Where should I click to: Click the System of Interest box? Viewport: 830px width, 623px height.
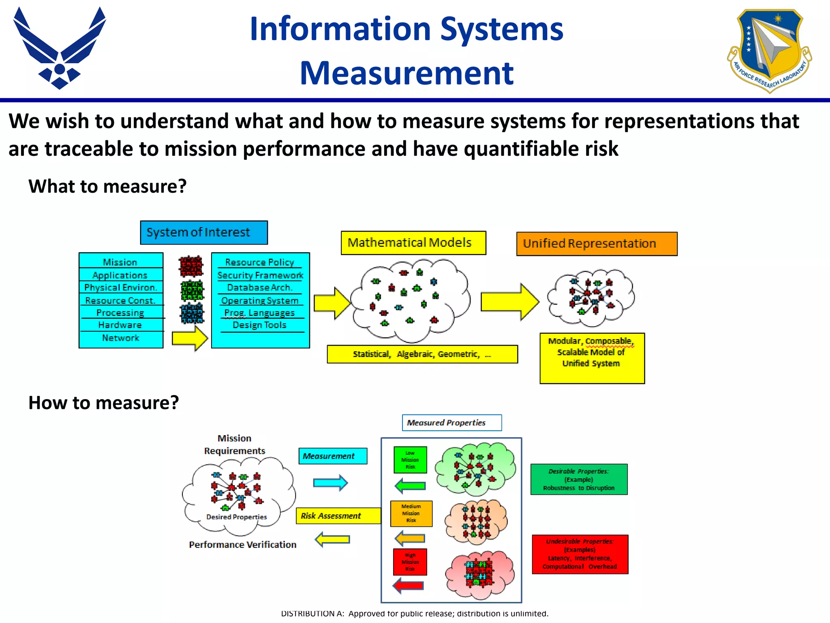(x=204, y=232)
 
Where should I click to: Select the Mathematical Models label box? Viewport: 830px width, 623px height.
(x=413, y=243)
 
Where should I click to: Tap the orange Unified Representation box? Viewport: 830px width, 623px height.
(x=597, y=244)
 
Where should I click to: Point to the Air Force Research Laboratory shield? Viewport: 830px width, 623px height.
(x=770, y=51)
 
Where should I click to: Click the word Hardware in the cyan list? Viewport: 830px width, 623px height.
(x=120, y=325)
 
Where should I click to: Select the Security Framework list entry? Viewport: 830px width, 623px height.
(x=260, y=275)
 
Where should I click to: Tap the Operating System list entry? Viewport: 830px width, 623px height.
(x=260, y=301)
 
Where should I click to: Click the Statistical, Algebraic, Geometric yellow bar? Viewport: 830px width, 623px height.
(x=422, y=354)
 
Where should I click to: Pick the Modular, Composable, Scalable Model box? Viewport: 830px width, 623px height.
(x=592, y=358)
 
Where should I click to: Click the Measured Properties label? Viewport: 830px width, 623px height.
(x=451, y=423)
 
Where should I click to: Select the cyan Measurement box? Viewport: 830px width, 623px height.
(x=333, y=456)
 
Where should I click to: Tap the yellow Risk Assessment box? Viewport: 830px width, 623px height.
(x=338, y=516)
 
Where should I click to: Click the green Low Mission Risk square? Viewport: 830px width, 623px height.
(x=410, y=460)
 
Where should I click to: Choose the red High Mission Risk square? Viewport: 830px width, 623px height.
(x=410, y=562)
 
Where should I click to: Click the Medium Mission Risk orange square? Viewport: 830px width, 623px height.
(x=411, y=513)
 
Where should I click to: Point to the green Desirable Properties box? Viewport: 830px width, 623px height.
(x=579, y=479)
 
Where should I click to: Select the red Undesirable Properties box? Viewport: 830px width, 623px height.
(x=580, y=554)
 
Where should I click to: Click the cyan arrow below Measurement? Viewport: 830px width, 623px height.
(x=330, y=483)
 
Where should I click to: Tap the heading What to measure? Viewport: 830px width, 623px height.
(x=107, y=186)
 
